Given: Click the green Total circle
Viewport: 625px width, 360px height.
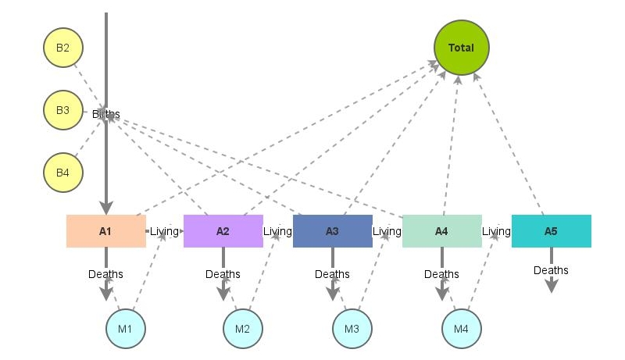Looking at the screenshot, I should tap(461, 48).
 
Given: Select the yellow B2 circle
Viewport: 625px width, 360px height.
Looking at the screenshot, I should tap(62, 48).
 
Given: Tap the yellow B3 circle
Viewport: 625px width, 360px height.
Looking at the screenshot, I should tap(62, 110).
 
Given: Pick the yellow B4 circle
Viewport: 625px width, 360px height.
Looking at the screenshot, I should tap(62, 172).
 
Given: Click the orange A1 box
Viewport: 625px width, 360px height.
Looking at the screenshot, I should tap(105, 231).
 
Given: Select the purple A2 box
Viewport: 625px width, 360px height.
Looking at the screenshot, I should tap(223, 231).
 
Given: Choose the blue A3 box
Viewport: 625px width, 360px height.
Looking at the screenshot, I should tap(332, 231).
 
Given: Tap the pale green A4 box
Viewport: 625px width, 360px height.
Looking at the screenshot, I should tap(441, 231).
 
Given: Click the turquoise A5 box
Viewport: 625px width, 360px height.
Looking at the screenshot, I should tap(551, 231).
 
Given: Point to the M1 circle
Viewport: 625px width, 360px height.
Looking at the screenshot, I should tap(126, 328).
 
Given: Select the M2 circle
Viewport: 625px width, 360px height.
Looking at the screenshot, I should tap(243, 328).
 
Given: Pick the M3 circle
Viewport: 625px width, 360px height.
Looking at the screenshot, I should tap(352, 328).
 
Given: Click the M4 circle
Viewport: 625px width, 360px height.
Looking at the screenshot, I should tap(462, 328).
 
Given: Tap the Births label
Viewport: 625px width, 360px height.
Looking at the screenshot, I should tap(106, 114).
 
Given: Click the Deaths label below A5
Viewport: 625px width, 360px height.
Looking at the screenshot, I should tap(551, 270).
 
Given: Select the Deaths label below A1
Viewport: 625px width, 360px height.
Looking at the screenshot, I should tap(105, 274).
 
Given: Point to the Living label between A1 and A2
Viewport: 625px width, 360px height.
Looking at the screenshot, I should tap(164, 231).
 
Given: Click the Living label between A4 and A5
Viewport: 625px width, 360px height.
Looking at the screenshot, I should tap(496, 231).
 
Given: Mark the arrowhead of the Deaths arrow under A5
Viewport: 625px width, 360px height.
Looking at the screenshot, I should tap(551, 287).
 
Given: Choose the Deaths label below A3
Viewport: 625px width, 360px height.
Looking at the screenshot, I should tap(332, 274).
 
